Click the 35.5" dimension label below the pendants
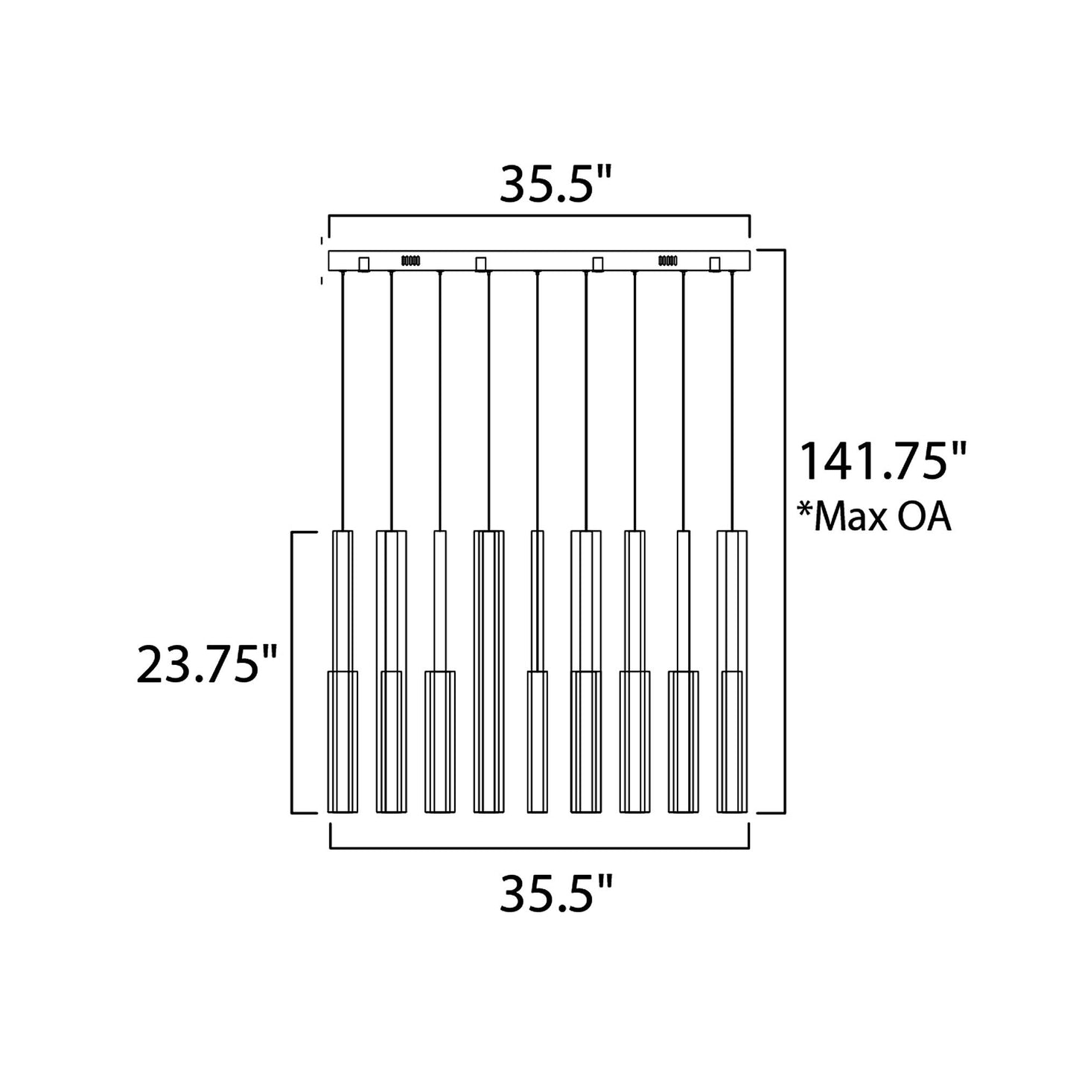click(555, 894)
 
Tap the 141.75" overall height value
click(882, 462)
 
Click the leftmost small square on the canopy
click(364, 264)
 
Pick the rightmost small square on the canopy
click(715, 264)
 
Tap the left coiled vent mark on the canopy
click(411, 261)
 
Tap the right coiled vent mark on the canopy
click(667, 261)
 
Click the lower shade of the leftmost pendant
click(343, 741)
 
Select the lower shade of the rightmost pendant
click(731, 741)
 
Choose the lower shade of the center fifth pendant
click(537, 741)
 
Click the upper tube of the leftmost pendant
click(343, 599)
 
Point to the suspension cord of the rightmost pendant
click(731, 402)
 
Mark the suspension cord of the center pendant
click(537, 402)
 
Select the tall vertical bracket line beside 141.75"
click(784, 530)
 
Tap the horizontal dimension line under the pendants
click(539, 847)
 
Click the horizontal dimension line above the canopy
click(539, 217)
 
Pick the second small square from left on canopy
click(481, 264)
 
